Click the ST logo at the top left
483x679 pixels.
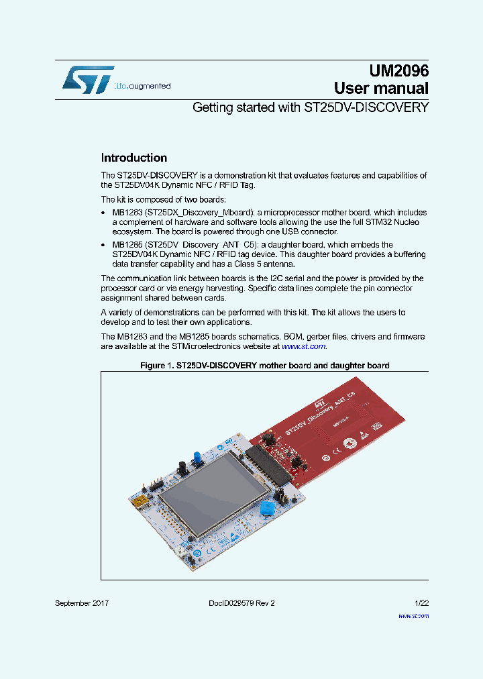click(87, 79)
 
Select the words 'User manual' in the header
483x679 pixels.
click(381, 89)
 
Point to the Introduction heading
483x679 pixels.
click(133, 158)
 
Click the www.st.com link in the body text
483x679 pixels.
click(304, 346)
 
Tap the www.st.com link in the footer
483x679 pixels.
click(413, 615)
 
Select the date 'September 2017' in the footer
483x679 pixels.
click(82, 603)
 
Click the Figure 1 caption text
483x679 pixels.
click(264, 366)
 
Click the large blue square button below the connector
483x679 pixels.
click(266, 508)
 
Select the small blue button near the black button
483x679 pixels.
click(198, 458)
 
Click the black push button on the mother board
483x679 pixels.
click(181, 466)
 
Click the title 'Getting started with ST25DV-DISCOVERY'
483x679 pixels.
click(310, 107)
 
